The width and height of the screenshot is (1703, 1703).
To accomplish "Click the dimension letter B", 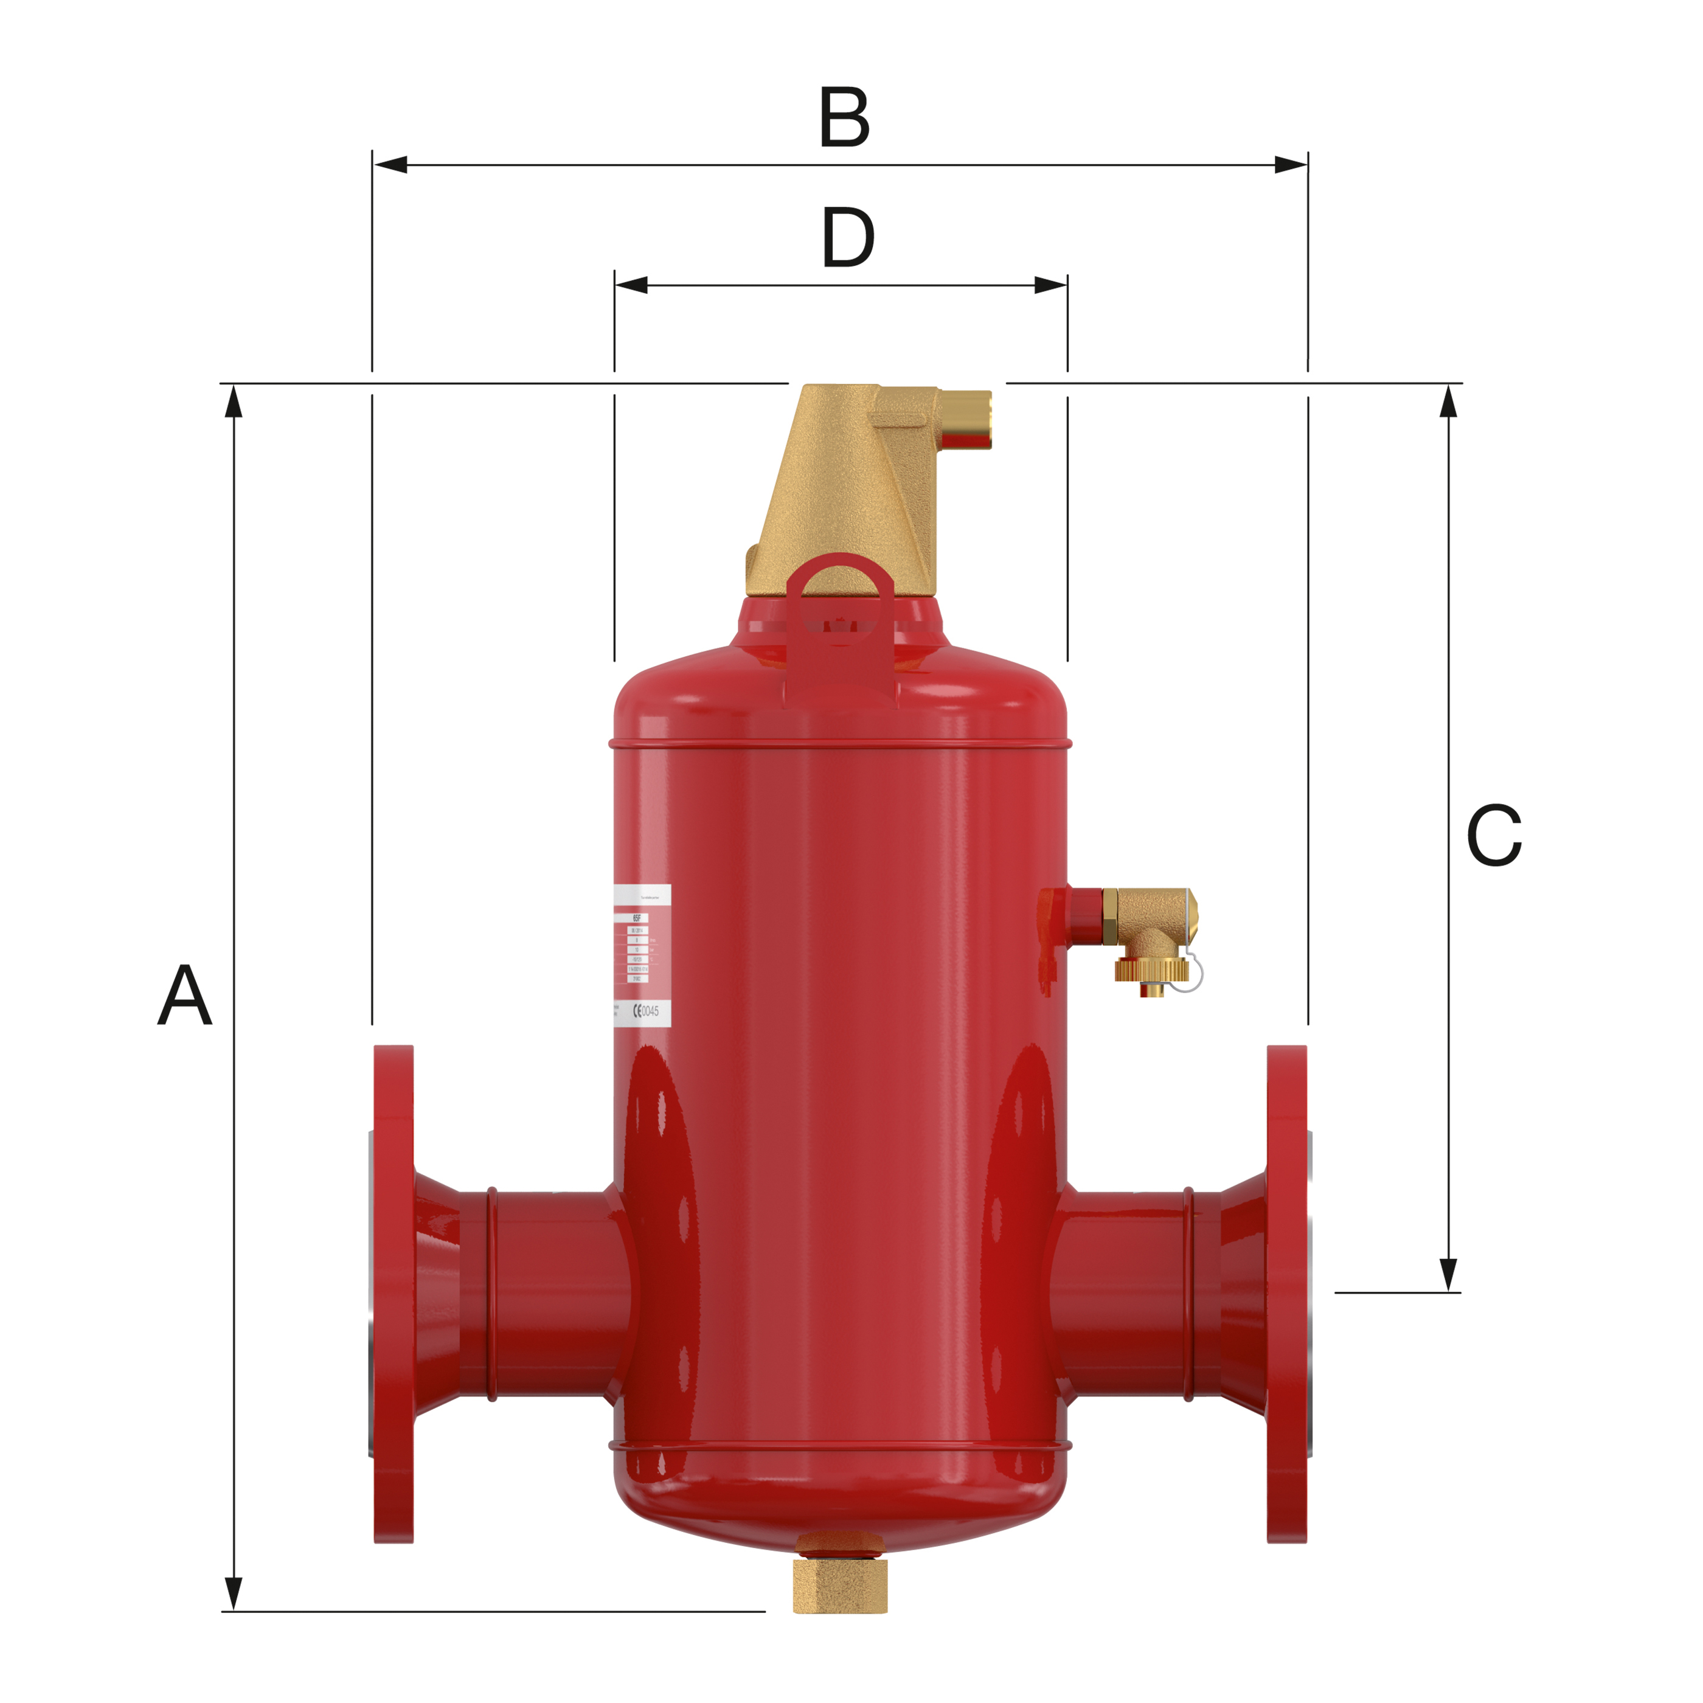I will click(844, 117).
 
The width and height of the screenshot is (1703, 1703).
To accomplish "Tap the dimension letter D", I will click(847, 238).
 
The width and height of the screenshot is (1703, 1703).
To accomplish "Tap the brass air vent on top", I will click(842, 494).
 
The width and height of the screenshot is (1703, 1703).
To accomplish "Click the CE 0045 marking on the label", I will click(646, 1011).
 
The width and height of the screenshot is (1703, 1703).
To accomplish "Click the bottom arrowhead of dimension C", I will click(1448, 1274).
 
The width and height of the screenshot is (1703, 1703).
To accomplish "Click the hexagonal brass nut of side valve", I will click(1110, 917).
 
